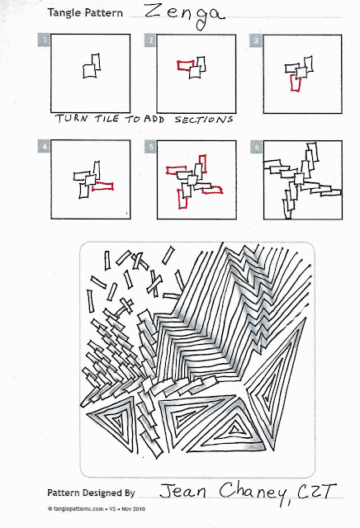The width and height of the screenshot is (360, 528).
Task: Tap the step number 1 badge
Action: point(45,40)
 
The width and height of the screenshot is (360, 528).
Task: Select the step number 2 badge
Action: point(150,40)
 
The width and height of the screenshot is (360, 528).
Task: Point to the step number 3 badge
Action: point(256,40)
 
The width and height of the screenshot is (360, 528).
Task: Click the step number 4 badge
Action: point(45,146)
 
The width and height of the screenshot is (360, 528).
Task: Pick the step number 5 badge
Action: point(151,147)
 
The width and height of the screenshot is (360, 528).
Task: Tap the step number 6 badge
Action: point(257,147)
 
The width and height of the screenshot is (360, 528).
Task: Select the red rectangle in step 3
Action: point(296,82)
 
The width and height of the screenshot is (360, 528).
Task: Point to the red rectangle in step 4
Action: point(103,186)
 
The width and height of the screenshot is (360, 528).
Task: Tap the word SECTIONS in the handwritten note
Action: point(204,120)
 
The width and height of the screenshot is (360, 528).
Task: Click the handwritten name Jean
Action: point(182,491)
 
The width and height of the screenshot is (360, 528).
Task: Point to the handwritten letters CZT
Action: point(317,492)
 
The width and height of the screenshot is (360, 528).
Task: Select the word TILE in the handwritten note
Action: point(107,119)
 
